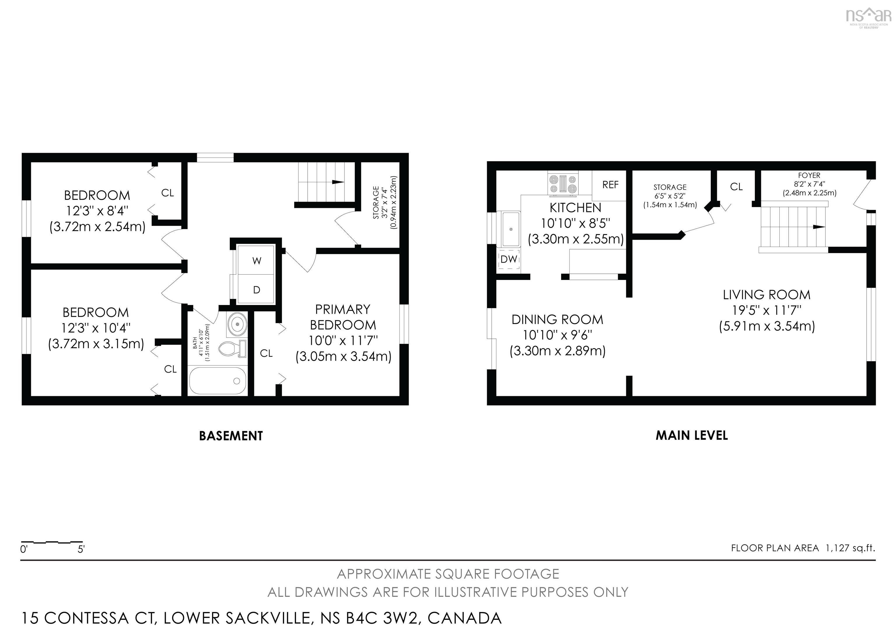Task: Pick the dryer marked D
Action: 256,290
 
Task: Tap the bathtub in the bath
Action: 217,381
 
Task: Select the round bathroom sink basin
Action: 237,323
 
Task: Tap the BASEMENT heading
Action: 231,436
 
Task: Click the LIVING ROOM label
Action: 766,295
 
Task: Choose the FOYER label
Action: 809,176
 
